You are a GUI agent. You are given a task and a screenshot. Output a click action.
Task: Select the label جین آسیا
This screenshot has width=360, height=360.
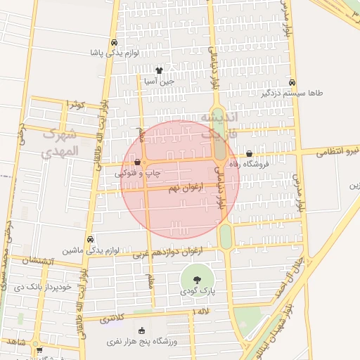pyautogui.click(x=159, y=81)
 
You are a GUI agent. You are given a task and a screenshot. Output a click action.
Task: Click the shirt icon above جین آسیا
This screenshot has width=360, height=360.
pyautogui.click(x=159, y=70)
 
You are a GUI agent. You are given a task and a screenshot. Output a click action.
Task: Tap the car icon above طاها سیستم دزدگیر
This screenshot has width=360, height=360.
pyautogui.click(x=292, y=82)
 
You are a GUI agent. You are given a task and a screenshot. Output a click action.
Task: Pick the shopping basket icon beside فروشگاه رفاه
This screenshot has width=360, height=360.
pyautogui.click(x=249, y=153)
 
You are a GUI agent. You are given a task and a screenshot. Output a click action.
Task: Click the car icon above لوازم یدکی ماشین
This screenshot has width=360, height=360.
pyautogui.click(x=89, y=239)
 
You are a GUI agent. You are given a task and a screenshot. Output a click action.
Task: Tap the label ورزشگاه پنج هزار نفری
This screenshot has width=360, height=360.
pyautogui.click(x=141, y=342)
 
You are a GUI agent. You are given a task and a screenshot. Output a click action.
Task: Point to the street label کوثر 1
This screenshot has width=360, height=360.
pyautogui.click(x=75, y=104)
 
